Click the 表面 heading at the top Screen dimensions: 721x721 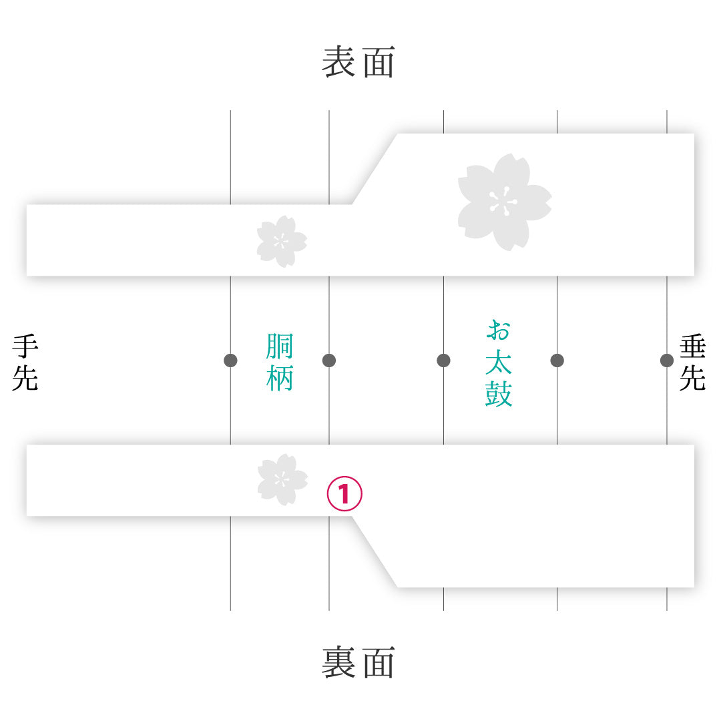358,61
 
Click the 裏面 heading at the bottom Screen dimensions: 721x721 358,662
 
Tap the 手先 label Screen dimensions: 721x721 25,363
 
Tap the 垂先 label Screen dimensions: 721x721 692,363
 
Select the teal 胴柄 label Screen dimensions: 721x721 280,363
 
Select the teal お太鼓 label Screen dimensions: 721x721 499,363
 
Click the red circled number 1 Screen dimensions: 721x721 344,493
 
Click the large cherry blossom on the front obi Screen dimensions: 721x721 505,202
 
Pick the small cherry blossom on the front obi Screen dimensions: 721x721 282,242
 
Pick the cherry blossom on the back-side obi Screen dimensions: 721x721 282,479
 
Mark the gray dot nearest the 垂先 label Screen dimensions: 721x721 667,360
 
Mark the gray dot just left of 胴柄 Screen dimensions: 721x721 230,360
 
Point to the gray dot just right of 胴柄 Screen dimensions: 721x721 329,360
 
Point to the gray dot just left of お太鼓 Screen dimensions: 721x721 444,360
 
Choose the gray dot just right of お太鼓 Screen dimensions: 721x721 557,360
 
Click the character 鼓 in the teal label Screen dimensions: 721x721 499,394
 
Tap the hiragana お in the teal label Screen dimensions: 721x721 499,330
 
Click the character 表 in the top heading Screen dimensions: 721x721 338,61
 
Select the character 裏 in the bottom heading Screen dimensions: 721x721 338,662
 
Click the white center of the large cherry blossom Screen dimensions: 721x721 503,202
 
